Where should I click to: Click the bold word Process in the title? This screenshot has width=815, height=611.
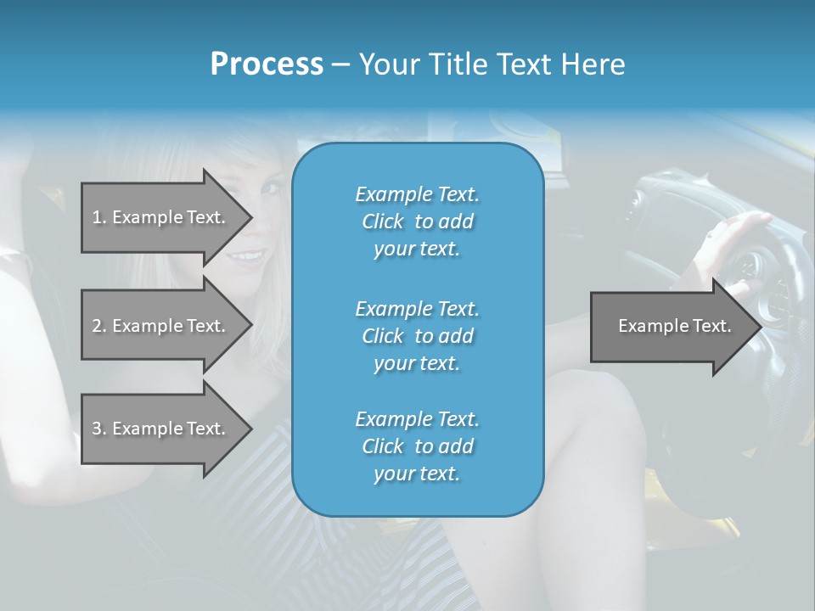coord(267,64)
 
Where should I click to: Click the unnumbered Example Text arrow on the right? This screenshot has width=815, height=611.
coord(674,326)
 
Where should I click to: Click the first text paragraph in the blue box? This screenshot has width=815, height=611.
coord(417,221)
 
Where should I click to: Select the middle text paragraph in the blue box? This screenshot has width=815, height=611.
coord(417,336)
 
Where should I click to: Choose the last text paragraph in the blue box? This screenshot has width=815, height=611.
coord(417,446)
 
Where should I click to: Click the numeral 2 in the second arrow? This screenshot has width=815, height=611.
coord(97,326)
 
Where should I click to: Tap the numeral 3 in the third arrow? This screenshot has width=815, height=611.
coord(97,429)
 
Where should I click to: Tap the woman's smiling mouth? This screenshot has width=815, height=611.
coord(249,256)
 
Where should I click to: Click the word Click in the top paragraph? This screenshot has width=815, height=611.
coord(383,221)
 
